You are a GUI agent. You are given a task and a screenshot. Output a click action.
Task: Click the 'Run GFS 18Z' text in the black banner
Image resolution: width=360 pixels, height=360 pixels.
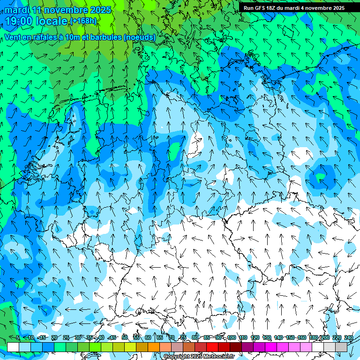(x=260, y=8)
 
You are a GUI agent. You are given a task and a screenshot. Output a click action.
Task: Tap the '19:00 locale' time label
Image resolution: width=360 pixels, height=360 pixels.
(x=36, y=21)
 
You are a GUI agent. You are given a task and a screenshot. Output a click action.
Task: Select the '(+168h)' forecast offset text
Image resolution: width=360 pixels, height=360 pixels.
(x=83, y=21)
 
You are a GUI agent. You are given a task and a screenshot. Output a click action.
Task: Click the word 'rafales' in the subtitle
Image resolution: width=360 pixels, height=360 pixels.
(x=44, y=37)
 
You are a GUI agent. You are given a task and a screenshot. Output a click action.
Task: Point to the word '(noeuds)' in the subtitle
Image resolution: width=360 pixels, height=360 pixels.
(x=139, y=37)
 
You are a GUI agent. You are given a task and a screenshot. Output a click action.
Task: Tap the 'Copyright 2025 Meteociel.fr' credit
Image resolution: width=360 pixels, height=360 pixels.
(x=199, y=356)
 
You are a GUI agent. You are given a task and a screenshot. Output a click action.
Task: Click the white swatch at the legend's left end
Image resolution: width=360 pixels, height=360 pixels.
(x=13, y=347)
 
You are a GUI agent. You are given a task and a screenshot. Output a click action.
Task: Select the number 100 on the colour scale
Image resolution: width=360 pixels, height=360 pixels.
(x=232, y=337)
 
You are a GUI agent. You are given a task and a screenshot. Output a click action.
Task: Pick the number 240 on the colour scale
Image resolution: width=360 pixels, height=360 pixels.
(x=348, y=337)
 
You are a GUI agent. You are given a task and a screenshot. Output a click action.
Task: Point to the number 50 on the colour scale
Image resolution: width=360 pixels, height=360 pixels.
(x=125, y=337)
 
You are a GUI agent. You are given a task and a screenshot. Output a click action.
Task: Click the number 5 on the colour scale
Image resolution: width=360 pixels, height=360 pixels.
(x=18, y=337)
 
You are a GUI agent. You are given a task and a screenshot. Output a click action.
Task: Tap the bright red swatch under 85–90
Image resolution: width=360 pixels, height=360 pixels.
(x=212, y=347)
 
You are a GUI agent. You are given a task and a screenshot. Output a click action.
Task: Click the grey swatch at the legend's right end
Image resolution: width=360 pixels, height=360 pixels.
(x=341, y=347)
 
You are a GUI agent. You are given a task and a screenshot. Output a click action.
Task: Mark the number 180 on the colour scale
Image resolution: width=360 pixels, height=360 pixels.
(x=313, y=337)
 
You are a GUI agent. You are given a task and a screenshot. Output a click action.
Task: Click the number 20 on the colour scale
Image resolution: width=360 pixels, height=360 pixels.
(x=54, y=337)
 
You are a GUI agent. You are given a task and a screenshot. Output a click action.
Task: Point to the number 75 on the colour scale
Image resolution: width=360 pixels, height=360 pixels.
(x=183, y=337)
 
